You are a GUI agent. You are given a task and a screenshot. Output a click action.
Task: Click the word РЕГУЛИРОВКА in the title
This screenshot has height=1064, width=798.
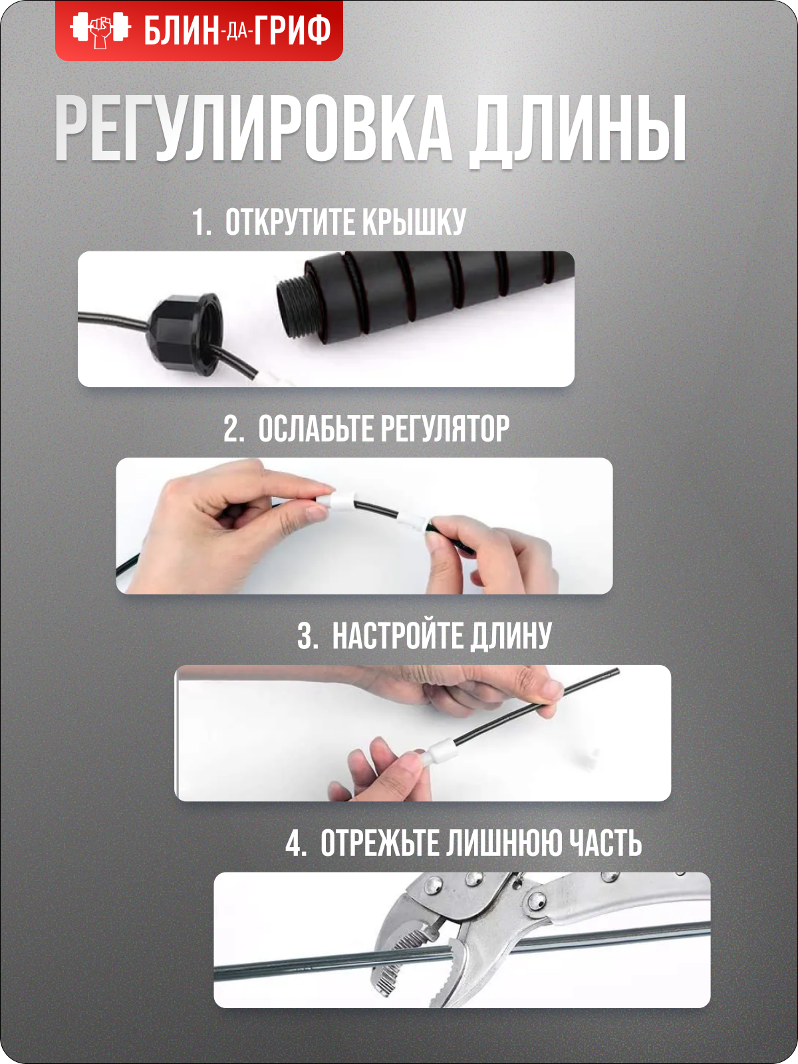tap(251, 128)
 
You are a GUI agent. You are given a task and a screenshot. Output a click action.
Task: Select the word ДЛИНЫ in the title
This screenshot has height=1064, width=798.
tap(576, 132)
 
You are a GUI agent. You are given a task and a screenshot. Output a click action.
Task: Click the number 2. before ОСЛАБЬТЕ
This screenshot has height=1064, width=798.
tap(233, 429)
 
